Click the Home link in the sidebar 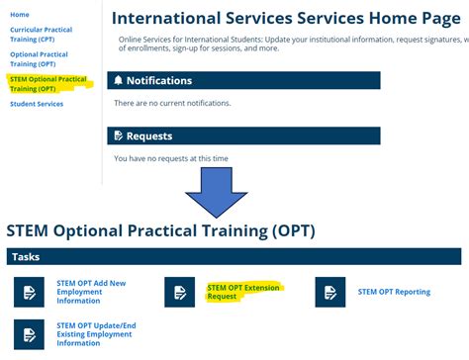20,15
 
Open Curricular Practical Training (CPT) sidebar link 42,36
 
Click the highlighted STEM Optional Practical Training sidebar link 47,83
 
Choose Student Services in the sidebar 37,104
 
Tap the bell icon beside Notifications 120,80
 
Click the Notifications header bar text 159,80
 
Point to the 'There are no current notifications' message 172,103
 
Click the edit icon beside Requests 120,135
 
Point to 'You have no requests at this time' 171,158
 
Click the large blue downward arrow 228,192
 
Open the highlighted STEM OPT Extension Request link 243,292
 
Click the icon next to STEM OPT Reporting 330,292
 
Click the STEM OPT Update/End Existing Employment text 97,334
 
